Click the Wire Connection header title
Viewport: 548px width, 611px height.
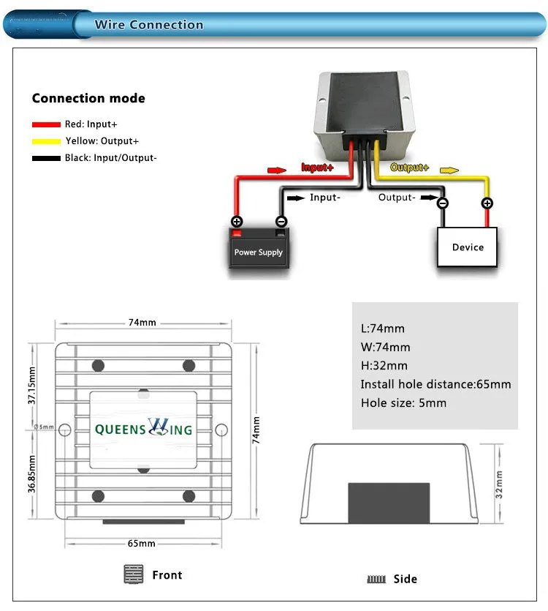(x=148, y=25)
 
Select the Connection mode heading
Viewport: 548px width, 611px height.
(x=88, y=98)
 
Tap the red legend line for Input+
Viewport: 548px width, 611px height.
(x=46, y=124)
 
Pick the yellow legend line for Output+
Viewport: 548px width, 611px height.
(x=46, y=140)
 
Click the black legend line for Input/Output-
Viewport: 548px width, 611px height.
(x=46, y=157)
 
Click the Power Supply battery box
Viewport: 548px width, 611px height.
(x=258, y=249)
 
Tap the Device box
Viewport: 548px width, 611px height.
(x=468, y=247)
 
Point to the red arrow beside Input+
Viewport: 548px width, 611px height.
(x=277, y=170)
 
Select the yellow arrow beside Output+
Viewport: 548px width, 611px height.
(x=449, y=170)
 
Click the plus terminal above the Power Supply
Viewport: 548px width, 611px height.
(x=237, y=221)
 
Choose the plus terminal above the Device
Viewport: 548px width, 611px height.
(x=487, y=203)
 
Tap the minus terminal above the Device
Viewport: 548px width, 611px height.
(x=443, y=203)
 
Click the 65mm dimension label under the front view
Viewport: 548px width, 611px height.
(x=142, y=543)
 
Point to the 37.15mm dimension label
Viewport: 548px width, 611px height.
(x=31, y=386)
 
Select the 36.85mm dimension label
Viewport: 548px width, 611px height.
(x=31, y=473)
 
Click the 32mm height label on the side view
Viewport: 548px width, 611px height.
(x=499, y=484)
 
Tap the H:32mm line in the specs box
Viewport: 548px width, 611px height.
(x=384, y=366)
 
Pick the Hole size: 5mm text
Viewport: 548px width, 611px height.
(x=403, y=403)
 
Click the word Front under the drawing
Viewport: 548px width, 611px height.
(x=167, y=575)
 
